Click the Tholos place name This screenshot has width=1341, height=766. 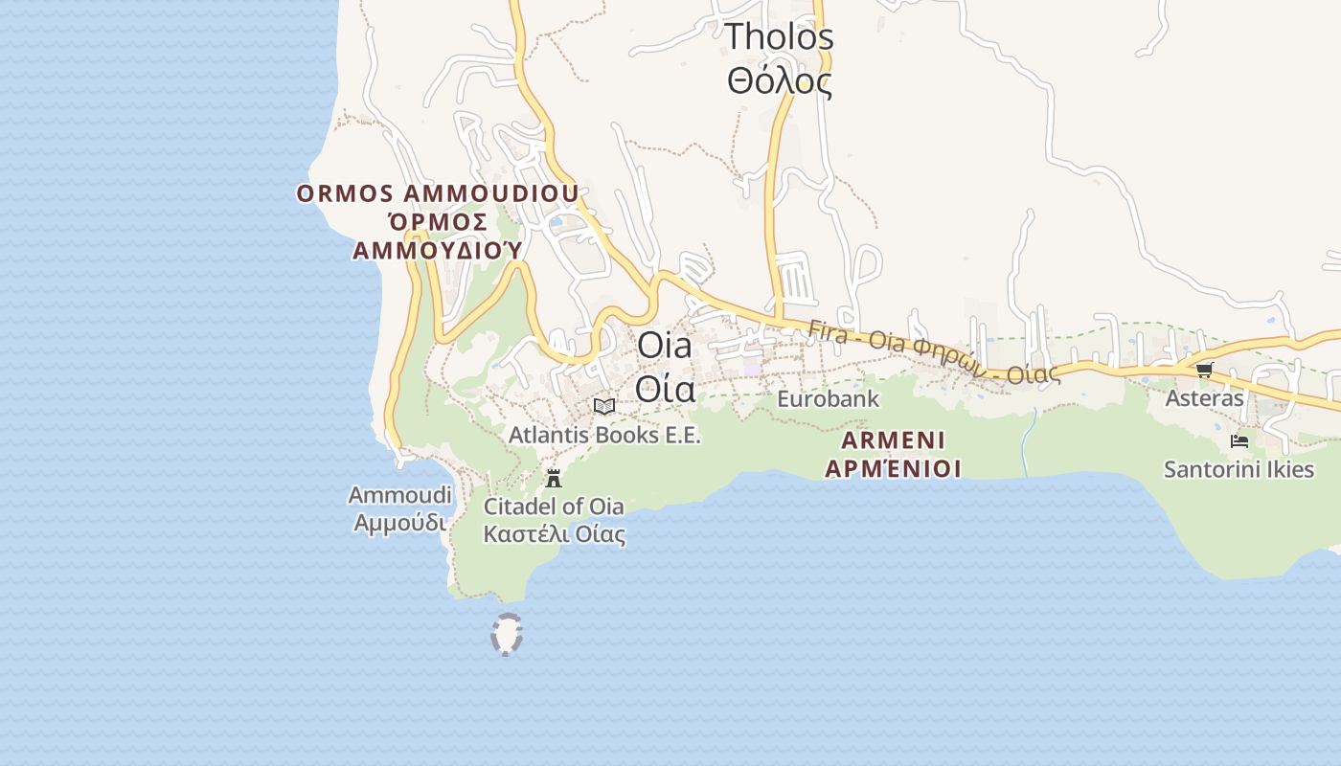[779, 37]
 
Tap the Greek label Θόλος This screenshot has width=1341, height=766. [779, 82]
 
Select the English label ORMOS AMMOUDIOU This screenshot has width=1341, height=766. [438, 193]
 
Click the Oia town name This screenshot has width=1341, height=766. [664, 346]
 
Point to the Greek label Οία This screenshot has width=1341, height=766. [664, 389]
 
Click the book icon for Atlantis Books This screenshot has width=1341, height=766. [603, 406]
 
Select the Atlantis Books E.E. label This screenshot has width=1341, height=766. [604, 435]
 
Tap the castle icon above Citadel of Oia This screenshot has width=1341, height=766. [553, 478]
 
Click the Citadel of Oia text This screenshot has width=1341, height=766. [554, 507]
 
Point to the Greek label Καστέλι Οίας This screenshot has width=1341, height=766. [554, 533]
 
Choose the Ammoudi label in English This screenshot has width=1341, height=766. [399, 495]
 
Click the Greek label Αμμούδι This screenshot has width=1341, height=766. [399, 523]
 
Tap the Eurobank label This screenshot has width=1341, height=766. [828, 398]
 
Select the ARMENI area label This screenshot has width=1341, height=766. [893, 440]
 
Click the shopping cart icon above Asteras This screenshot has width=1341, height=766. [1204, 370]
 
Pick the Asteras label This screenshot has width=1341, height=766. [1204, 398]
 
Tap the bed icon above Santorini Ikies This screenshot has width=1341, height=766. [1239, 441]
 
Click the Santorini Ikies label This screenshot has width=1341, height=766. [1239, 469]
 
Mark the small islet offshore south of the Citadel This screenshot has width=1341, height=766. [506, 635]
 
